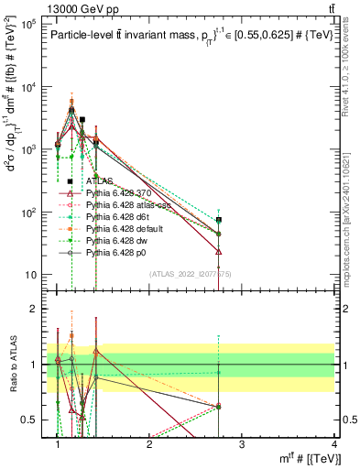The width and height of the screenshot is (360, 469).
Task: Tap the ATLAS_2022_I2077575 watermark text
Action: click(x=191, y=274)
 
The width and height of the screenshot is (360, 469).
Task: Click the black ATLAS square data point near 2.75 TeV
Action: click(x=219, y=220)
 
